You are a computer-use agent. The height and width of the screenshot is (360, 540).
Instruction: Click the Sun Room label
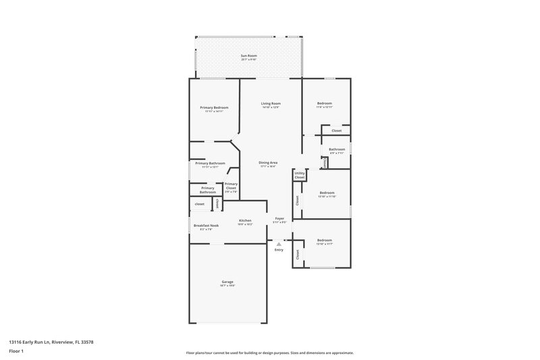coord(249,56)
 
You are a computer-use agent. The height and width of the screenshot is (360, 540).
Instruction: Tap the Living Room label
coord(270,103)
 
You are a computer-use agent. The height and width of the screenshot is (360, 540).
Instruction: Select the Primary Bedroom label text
coord(213,108)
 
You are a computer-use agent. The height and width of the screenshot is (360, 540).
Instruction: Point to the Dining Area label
coord(268,163)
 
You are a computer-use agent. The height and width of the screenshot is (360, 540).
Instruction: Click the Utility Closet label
coord(300,175)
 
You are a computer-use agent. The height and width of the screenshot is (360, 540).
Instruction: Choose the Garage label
coord(227,282)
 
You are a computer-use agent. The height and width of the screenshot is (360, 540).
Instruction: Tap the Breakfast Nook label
coord(206,226)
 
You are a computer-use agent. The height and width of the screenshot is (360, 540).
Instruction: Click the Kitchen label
coord(245,221)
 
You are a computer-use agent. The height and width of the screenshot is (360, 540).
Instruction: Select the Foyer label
coord(279,219)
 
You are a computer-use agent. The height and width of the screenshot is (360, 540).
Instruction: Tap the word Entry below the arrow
coord(279,251)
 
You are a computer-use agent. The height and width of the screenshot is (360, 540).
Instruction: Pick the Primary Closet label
coord(231,186)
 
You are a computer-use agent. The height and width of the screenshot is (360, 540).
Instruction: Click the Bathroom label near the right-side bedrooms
coord(337,149)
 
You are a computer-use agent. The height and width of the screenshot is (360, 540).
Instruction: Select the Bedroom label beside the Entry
coord(324,240)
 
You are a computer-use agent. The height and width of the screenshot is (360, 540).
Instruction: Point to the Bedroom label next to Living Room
coord(324,103)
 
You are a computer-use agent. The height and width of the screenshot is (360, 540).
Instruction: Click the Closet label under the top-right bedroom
coord(336,130)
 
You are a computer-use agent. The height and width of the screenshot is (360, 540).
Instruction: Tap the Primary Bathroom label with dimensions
coord(210,163)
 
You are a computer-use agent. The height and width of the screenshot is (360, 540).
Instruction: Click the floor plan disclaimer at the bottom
coord(269,353)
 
